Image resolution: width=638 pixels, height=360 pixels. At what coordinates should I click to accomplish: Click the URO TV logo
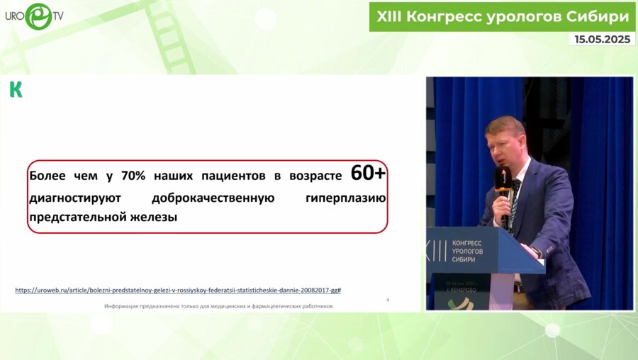[33, 16]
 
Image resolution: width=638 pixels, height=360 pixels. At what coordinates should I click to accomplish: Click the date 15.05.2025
[602, 40]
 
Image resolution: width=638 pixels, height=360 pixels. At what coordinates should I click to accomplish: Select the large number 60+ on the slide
[369, 174]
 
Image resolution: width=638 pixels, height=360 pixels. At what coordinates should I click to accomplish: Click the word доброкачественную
[213, 198]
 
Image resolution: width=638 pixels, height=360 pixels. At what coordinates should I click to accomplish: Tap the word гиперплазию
[345, 198]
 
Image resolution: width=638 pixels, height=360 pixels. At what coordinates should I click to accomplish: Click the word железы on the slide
[154, 218]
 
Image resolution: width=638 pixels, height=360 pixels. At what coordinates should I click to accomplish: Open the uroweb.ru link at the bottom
[178, 290]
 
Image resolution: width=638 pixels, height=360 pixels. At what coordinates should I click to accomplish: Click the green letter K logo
[16, 89]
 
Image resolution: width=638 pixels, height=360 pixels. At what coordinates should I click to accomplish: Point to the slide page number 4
[387, 300]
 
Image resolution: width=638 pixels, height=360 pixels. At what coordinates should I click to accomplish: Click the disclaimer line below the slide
[218, 306]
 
